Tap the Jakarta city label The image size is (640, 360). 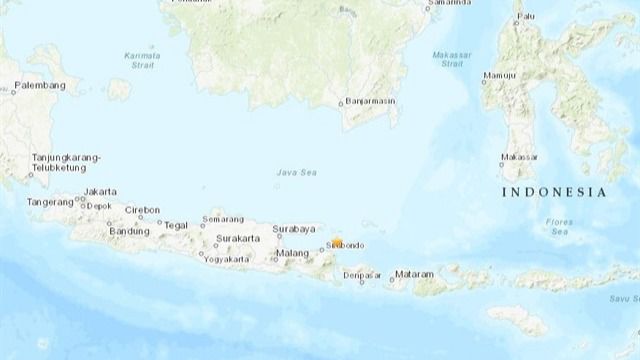tap(101, 191)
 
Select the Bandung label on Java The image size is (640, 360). tap(127, 232)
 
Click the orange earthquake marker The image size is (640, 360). tap(338, 243)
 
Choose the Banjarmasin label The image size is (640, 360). tap(375, 102)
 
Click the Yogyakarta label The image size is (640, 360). tap(227, 259)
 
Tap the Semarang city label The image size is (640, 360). tap(222, 219)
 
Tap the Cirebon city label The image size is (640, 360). tap(142, 210)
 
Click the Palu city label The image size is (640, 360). tap(536, 17)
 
